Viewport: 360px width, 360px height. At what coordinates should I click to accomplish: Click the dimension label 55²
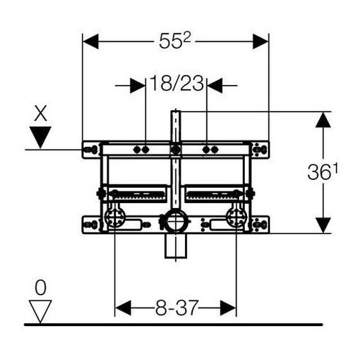click(x=175, y=41)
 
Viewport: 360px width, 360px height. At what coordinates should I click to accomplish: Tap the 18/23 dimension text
click(x=176, y=84)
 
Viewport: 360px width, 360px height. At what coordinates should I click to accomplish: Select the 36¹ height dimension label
click(x=323, y=172)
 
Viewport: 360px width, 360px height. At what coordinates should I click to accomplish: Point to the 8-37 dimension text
click(x=176, y=308)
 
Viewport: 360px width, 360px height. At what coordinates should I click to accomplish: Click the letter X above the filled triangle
click(x=40, y=114)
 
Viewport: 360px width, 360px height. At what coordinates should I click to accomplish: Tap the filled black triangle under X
click(x=40, y=137)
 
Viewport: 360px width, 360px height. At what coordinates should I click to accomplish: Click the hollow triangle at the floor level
click(x=40, y=312)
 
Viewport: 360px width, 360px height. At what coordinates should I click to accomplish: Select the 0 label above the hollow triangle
click(x=40, y=288)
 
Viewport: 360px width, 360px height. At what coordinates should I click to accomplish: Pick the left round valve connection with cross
click(x=115, y=217)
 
